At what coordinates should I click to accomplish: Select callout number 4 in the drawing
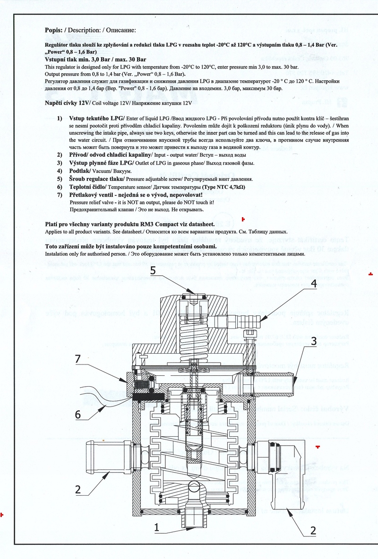[313, 284]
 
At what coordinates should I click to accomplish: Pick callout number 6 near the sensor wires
[79, 414]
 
